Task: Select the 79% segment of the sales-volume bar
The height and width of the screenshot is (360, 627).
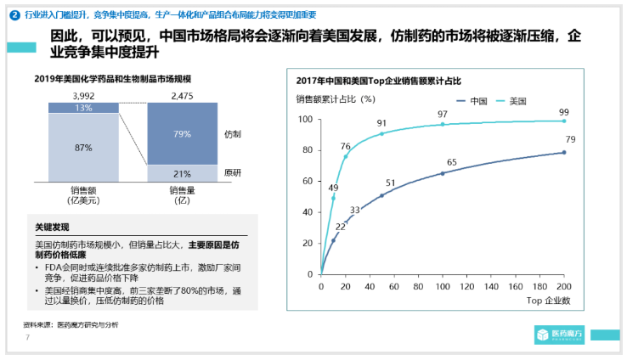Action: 183,134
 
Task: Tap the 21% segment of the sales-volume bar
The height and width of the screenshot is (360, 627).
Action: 183,172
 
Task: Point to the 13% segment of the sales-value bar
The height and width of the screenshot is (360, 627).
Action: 83,108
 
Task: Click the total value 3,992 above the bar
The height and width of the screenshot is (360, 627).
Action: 83,96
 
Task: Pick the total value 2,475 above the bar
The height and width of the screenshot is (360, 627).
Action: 183,96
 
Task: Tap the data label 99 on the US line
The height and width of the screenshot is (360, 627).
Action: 564,112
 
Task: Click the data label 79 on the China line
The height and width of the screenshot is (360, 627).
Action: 571,139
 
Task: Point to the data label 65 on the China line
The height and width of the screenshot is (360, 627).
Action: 452,162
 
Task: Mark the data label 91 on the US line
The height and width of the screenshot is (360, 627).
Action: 381,123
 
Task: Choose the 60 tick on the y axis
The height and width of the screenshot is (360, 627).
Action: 307,182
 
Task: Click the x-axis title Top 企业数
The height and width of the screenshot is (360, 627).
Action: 547,301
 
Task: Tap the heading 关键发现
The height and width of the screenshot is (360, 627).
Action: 49,228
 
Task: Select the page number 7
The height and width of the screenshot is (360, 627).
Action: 27,337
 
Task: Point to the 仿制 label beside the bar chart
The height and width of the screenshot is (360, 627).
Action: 232,134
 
